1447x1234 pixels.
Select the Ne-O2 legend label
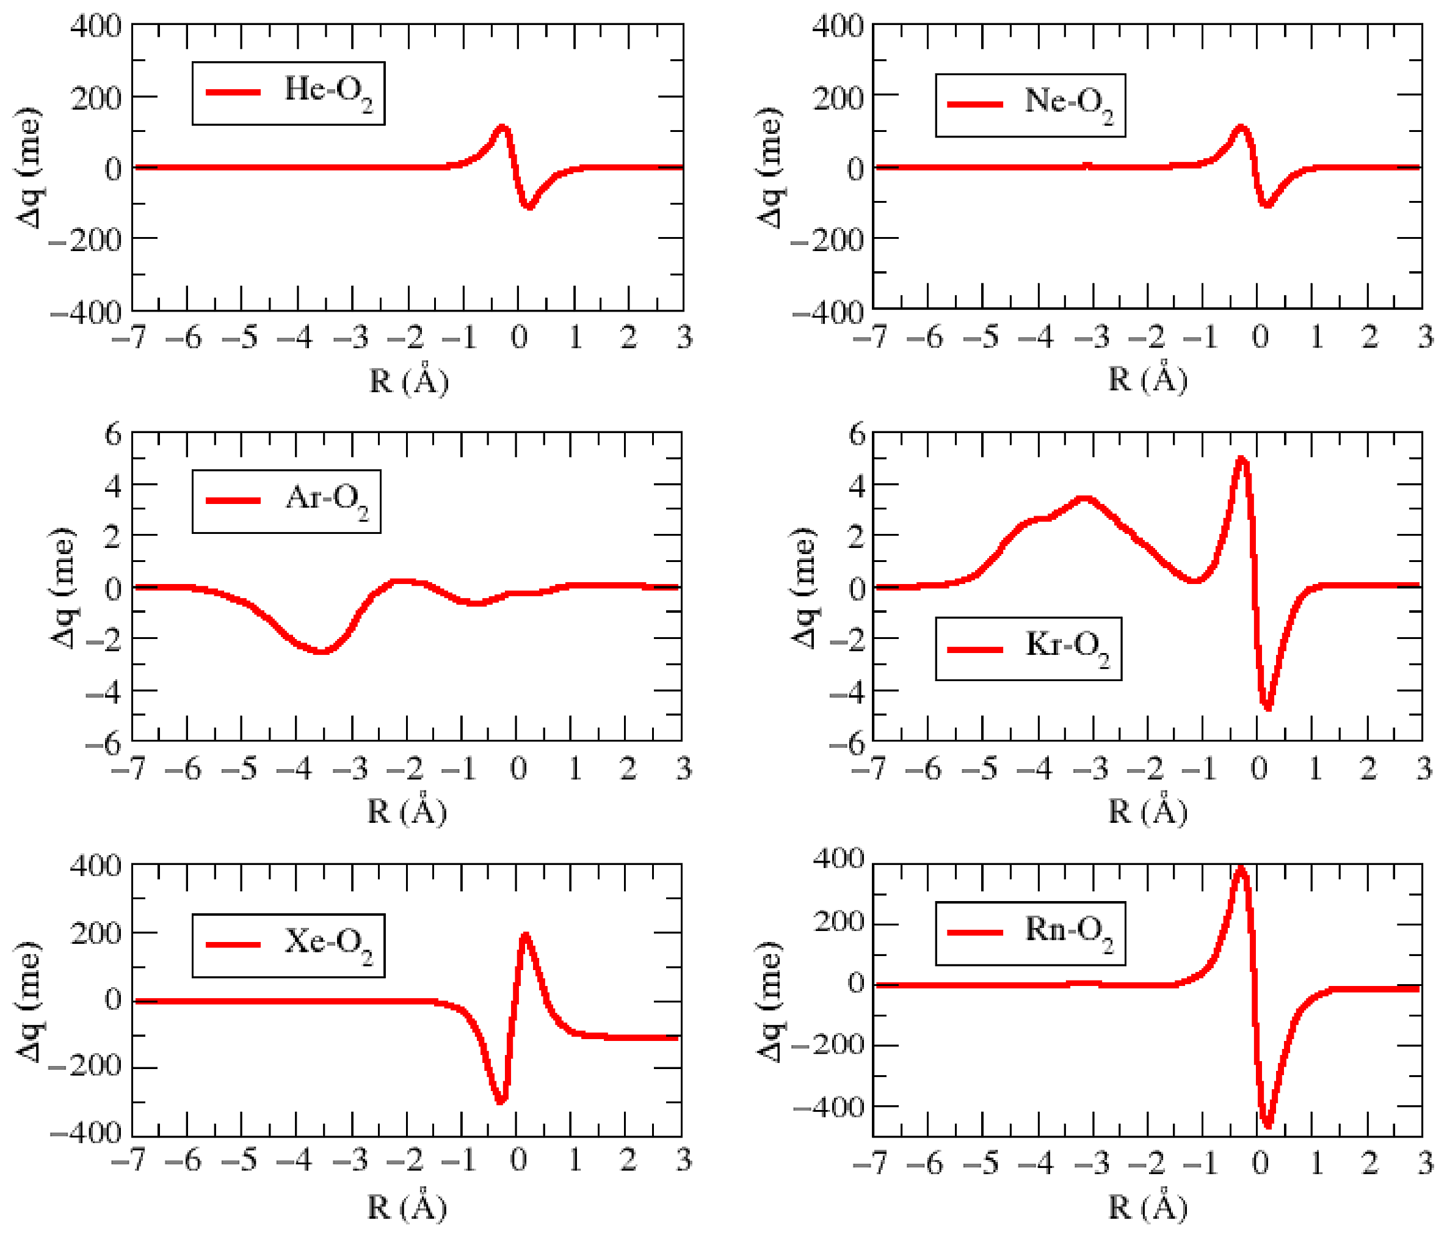click(x=1068, y=103)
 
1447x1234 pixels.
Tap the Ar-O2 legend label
click(x=326, y=500)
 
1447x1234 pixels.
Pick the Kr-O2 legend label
click(x=1067, y=647)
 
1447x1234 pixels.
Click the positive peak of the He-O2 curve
click(x=502, y=127)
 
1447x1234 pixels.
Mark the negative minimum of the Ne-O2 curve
click(x=1266, y=205)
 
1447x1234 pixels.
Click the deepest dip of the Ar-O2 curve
click(x=321, y=651)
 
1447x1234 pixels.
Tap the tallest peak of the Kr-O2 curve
click(x=1241, y=458)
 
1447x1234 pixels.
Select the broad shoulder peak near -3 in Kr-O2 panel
click(x=1083, y=498)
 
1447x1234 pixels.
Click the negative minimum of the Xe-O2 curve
click(x=500, y=1101)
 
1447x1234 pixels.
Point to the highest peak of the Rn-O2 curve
click(x=1240, y=869)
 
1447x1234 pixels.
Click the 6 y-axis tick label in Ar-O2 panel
click(x=113, y=434)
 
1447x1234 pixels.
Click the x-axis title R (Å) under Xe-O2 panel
click(x=407, y=1208)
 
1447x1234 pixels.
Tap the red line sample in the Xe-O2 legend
click(x=233, y=944)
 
